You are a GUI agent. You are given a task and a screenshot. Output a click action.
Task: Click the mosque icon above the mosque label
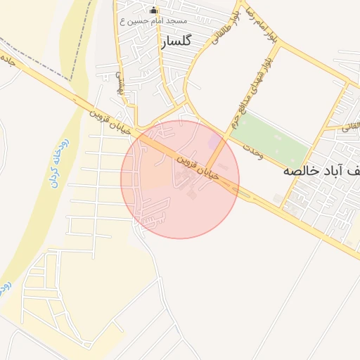pos(154,11)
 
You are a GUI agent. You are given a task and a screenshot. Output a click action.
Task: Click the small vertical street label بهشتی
pos(119,86)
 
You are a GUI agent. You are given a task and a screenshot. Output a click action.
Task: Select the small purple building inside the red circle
pos(214,143)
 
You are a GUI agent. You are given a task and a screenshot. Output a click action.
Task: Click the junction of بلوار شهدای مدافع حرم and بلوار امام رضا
pos(279,44)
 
